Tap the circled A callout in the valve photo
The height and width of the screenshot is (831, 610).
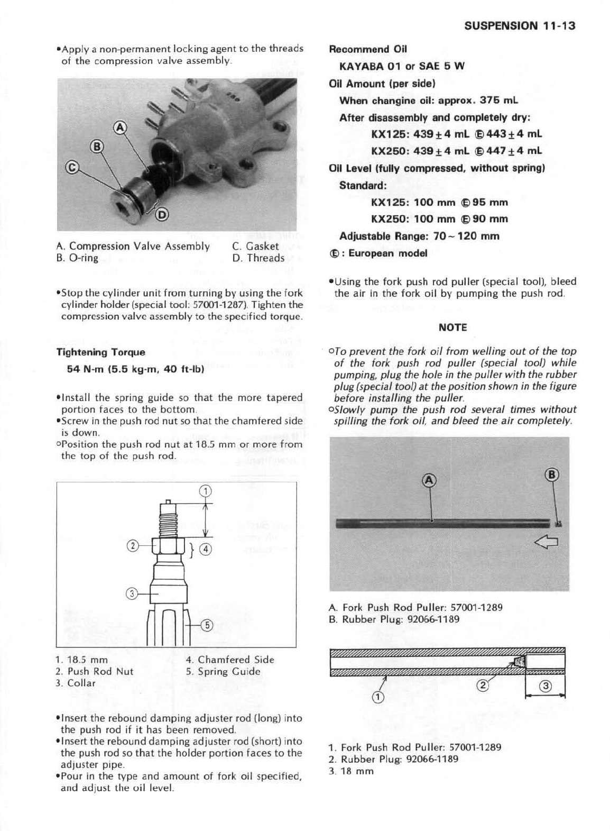(121, 127)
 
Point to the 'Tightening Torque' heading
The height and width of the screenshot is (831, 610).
(101, 352)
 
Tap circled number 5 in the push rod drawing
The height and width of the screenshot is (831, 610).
(207, 625)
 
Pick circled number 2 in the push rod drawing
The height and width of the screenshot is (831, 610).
(132, 545)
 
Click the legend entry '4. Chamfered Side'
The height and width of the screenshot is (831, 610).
(230, 660)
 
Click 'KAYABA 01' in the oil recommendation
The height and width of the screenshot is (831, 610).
(370, 66)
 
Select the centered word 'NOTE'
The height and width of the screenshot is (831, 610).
(452, 327)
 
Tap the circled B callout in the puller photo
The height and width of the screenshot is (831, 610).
(551, 474)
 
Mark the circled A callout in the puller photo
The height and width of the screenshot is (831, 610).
(429, 480)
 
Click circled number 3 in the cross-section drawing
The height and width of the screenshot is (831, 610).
(545, 687)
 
